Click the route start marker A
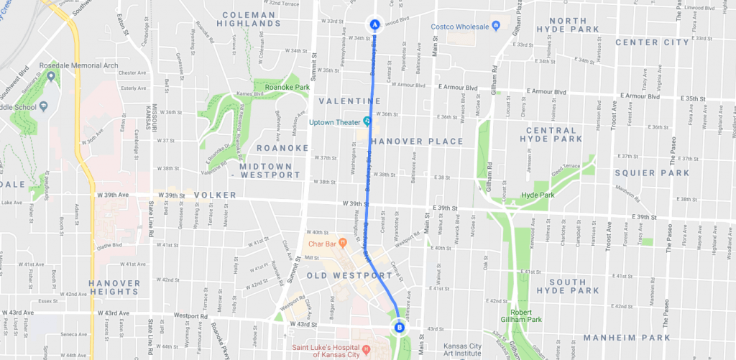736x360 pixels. click(374, 23)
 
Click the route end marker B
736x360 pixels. click(400, 328)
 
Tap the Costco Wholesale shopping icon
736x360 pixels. click(495, 27)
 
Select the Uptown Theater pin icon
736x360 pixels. click(367, 120)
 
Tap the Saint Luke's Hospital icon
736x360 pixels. click(366, 350)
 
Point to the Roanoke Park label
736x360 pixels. click(287, 87)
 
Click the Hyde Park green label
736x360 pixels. click(538, 195)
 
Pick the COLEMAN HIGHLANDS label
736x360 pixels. click(249, 19)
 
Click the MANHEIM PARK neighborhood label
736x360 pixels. click(627, 337)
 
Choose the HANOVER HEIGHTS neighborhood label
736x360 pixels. click(114, 287)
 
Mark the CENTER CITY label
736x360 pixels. click(646, 42)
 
